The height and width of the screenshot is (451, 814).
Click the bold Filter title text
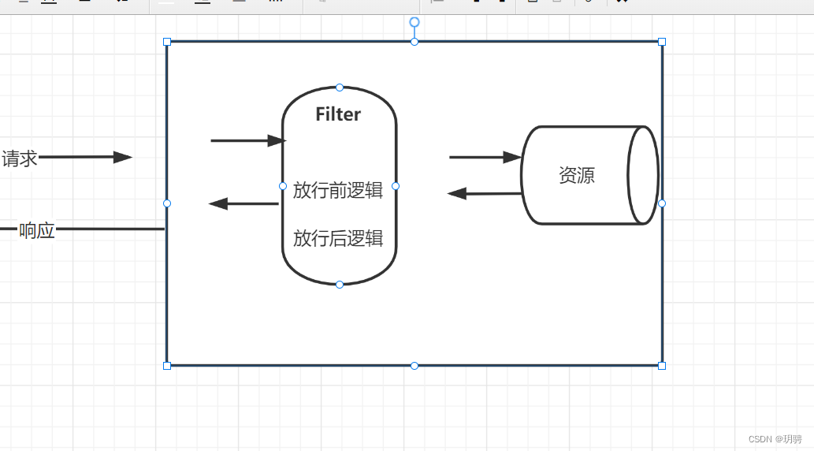(338, 114)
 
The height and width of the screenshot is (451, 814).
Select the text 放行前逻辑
(338, 190)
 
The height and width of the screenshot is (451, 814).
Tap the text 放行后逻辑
(338, 238)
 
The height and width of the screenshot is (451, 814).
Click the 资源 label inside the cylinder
(576, 175)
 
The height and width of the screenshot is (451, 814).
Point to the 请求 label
(20, 158)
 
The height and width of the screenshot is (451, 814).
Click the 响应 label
(36, 230)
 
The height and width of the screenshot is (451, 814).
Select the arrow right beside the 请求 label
(85, 157)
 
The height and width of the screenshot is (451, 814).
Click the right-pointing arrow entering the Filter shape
(247, 141)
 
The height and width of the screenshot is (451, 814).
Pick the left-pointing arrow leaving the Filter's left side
(243, 203)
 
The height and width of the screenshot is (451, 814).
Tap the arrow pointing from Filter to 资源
(485, 158)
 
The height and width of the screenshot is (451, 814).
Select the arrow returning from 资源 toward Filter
(485, 193)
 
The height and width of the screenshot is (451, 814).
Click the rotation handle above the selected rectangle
(414, 22)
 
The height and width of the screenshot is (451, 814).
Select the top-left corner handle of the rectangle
(167, 41)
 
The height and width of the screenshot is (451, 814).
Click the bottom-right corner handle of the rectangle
(662, 365)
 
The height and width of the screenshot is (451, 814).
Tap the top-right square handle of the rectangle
(662, 41)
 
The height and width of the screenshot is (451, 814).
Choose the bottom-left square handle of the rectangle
(167, 365)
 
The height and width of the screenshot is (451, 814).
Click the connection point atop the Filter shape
(340, 87)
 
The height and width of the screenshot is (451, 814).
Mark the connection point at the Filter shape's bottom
(340, 284)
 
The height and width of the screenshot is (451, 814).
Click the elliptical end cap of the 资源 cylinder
(642, 175)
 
